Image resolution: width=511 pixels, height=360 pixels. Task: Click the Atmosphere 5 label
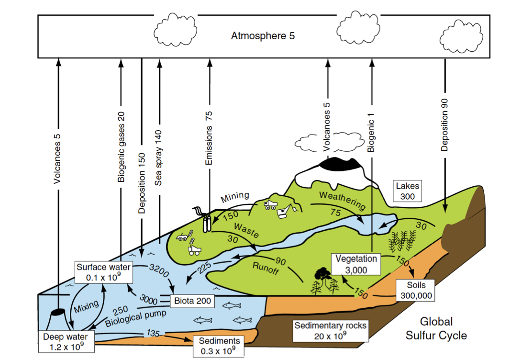[263, 36]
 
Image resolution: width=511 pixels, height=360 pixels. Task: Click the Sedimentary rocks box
[330, 330]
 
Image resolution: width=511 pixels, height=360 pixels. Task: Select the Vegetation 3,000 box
[356, 264]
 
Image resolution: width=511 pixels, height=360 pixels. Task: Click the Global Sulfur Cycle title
[436, 328]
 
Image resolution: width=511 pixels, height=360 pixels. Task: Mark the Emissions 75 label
[209, 139]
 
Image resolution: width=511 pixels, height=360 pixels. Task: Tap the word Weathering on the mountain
[343, 201]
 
